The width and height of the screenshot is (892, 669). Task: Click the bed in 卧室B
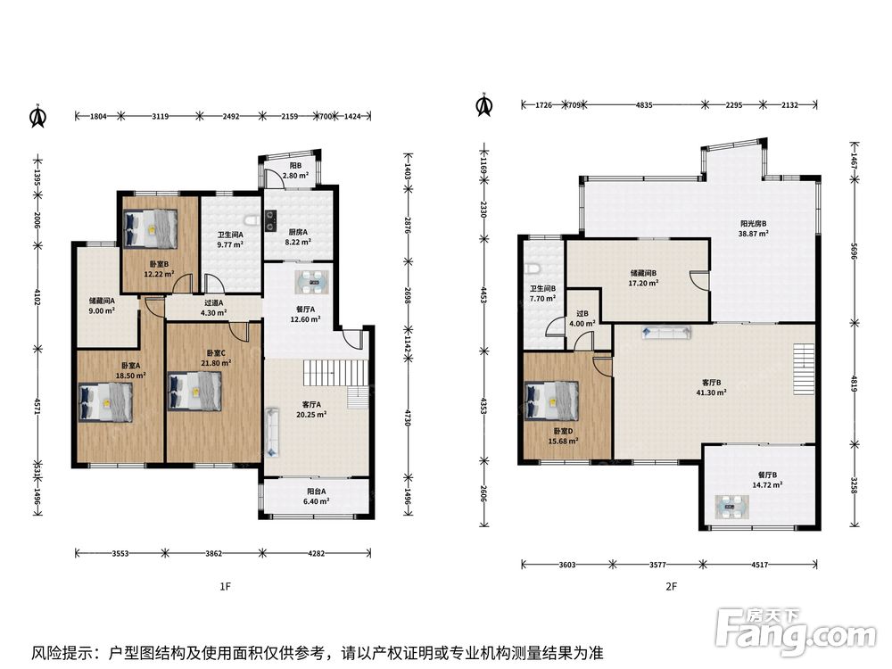150,228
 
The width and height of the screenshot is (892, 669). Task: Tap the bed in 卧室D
552,401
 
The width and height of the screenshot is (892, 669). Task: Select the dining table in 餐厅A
311,281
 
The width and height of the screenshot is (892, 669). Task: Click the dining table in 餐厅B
732,507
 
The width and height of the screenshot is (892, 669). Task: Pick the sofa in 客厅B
666,332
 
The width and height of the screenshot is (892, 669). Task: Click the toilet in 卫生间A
250,220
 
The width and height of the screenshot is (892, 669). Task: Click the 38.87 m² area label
753,233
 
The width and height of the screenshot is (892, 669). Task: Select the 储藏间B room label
643,273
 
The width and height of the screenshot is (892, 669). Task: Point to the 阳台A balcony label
317,491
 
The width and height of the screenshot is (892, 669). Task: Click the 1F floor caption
226,586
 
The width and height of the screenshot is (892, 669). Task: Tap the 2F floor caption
672,586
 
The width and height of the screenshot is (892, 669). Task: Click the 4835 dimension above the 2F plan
644,104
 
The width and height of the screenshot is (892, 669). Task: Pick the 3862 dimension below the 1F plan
213,552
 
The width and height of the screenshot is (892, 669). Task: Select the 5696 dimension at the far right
854,251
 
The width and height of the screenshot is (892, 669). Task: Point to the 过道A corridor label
213,303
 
